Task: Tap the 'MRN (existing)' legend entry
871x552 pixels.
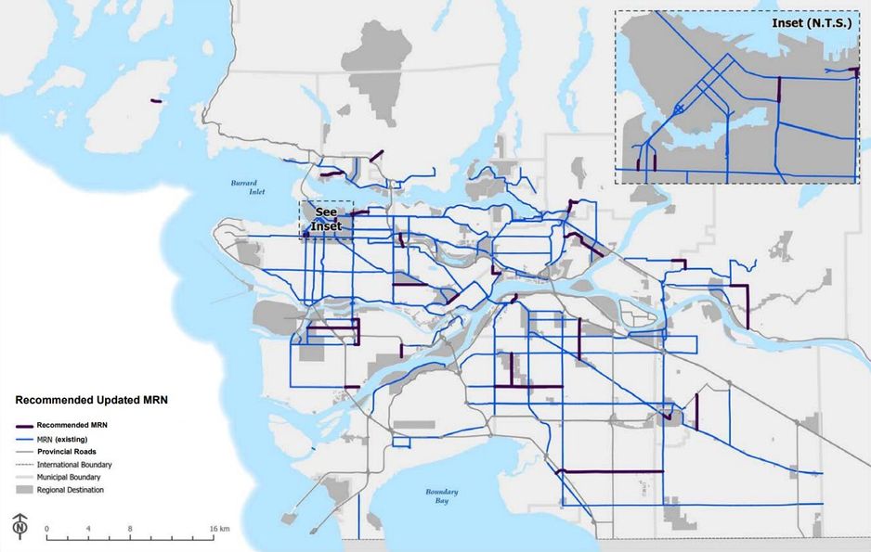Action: [x=68, y=437]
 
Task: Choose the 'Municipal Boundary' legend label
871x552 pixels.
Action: [x=73, y=476]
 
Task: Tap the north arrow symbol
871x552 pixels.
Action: [x=19, y=525]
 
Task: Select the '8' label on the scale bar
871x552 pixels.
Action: [x=131, y=528]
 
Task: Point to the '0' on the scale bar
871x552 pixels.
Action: [x=46, y=528]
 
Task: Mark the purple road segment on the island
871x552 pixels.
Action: [x=155, y=101]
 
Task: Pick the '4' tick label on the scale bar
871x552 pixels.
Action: [x=88, y=528]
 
